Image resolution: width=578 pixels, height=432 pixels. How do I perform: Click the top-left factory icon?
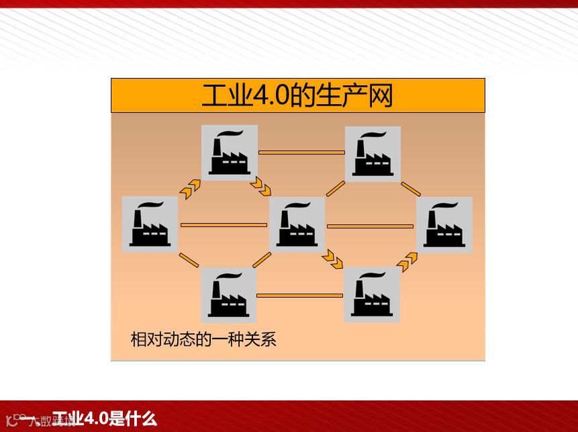230,153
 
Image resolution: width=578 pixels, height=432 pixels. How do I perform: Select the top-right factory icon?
373,154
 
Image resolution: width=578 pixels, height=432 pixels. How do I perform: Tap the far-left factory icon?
150,224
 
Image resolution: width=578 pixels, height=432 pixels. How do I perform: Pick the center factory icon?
297,224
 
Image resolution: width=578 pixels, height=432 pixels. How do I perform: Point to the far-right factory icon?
444,224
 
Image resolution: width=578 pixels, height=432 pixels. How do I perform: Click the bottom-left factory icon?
228,295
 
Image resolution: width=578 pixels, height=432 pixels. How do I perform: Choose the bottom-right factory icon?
372,294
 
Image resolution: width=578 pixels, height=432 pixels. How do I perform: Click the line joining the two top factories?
301,153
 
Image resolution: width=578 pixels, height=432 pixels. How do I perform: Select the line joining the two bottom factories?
300,295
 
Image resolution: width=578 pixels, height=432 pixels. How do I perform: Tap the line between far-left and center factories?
224,224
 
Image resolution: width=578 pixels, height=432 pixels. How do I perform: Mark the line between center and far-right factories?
370,226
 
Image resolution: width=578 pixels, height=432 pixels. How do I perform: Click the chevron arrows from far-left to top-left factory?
191,187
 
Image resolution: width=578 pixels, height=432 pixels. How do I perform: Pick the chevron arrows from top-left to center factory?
260,185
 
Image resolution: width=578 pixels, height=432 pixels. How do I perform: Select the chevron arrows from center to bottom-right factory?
332,258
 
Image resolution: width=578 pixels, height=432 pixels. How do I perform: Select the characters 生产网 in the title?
363,96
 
